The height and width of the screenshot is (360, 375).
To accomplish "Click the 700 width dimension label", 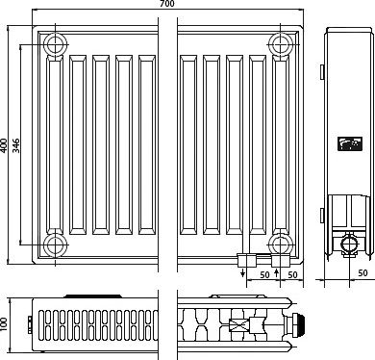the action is (167, 4).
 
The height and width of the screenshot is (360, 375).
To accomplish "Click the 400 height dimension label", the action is (4, 146).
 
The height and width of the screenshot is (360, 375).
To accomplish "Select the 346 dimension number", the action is (16, 146).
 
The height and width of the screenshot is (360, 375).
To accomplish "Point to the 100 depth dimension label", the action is (4, 324).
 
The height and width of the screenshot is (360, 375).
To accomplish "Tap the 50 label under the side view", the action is (362, 273).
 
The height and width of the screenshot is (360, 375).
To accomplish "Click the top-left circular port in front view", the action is (56, 44).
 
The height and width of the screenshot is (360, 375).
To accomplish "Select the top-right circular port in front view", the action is (281, 44).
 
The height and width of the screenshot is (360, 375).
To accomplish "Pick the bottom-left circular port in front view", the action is (56, 245).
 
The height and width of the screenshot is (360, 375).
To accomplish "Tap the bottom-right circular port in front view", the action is (281, 245).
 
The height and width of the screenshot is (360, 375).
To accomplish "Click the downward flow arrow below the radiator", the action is (243, 272).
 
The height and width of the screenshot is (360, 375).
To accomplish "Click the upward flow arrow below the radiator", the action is (277, 273).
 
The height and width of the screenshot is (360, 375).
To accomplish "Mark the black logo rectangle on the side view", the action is (350, 143).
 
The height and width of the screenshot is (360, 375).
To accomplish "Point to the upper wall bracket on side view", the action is (322, 71).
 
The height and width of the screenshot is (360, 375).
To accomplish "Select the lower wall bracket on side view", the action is (322, 215).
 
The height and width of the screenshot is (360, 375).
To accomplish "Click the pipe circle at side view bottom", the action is (349, 245).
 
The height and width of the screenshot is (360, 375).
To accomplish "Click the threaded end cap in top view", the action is (299, 325).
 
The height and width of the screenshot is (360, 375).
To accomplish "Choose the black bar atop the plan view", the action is (93, 296).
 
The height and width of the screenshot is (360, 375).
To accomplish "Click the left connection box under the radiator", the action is (247, 260).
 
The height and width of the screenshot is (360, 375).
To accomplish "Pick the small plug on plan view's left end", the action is (30, 324).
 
